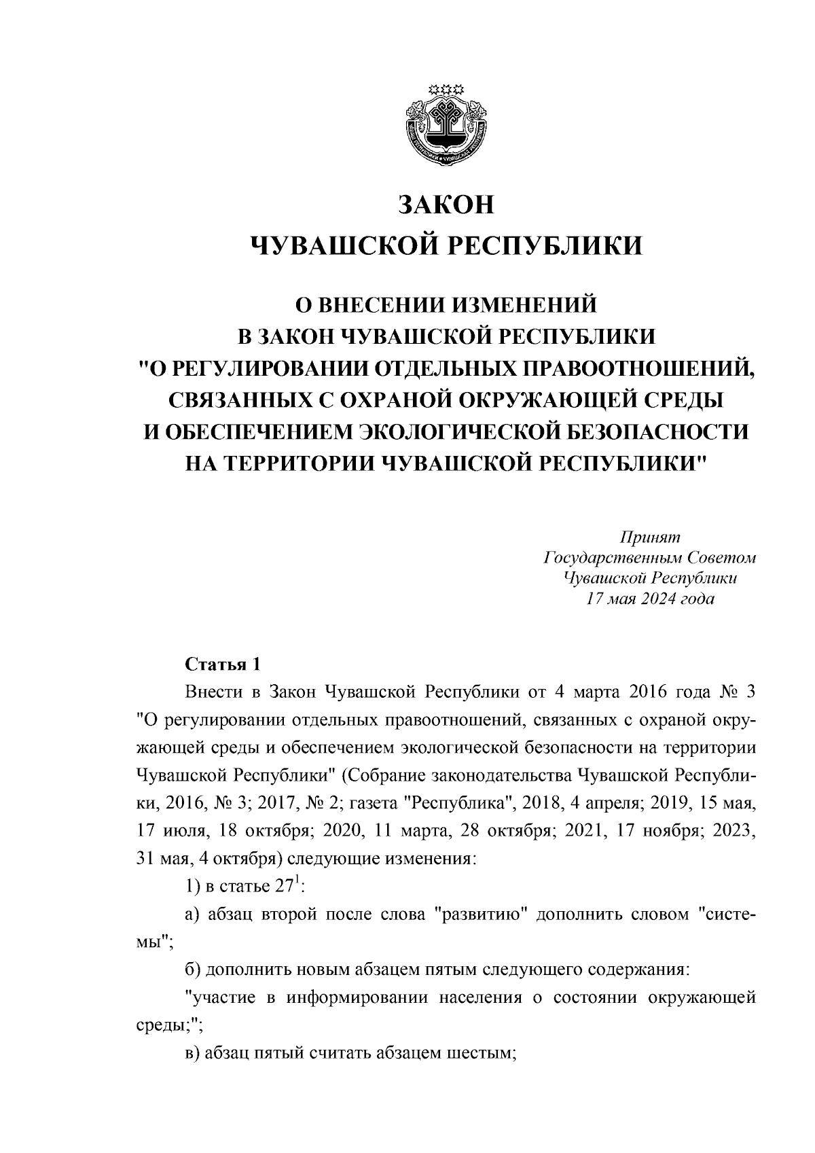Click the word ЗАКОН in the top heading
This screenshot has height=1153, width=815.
click(446, 205)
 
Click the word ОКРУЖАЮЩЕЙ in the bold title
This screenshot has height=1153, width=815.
click(516, 400)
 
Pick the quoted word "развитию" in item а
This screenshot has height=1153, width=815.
click(482, 915)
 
